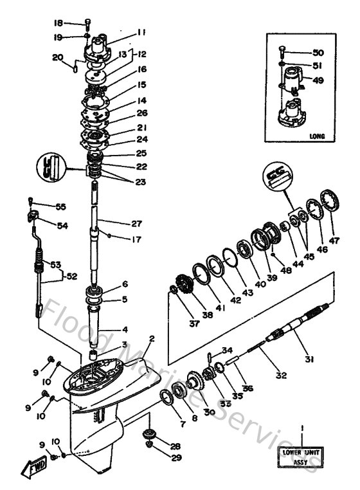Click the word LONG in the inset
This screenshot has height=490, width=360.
pos(316,136)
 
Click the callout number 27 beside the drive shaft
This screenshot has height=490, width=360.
pos(136,224)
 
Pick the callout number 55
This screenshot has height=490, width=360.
pos(61,207)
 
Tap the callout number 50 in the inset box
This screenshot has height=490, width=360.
pos(318,52)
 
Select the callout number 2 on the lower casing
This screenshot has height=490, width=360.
pos(152,339)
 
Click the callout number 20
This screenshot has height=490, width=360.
pos(57,57)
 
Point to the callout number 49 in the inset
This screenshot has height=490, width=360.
pos(318,80)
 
